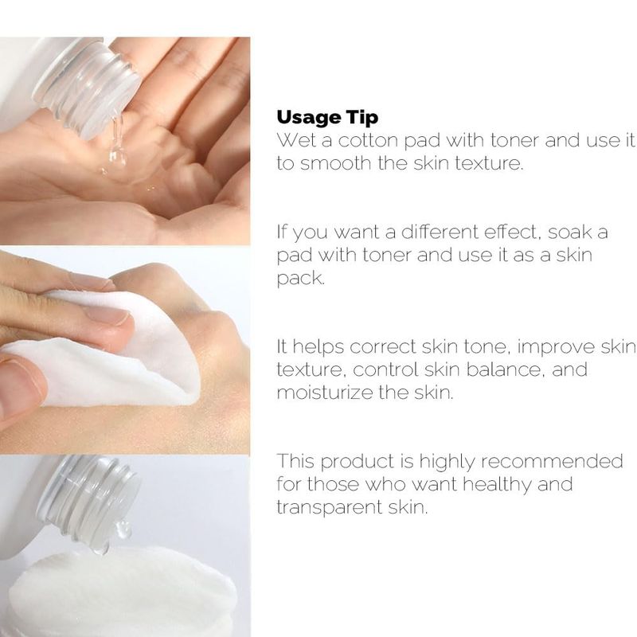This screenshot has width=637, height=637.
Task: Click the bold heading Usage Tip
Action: click(x=327, y=118)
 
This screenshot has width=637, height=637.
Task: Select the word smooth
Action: click(x=335, y=163)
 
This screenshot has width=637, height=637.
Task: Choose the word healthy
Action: click(x=497, y=485)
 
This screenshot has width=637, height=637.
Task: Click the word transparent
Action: click(x=329, y=508)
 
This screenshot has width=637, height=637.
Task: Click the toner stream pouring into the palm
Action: click(x=116, y=143)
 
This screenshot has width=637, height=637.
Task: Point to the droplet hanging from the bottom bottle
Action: click(x=123, y=529)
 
